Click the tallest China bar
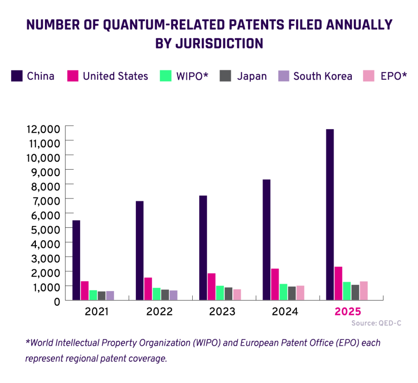point(330,214)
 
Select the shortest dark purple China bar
point(76,260)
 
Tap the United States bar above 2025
point(338,283)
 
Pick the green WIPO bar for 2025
point(347,290)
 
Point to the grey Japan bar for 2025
point(355,292)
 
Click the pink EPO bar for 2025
point(364,290)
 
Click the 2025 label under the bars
point(348,312)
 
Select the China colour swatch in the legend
point(17,76)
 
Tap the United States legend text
point(116,76)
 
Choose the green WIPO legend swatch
point(165,76)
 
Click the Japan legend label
point(252,76)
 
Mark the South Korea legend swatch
point(283,76)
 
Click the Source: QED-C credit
point(376,323)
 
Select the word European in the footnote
point(256,343)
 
